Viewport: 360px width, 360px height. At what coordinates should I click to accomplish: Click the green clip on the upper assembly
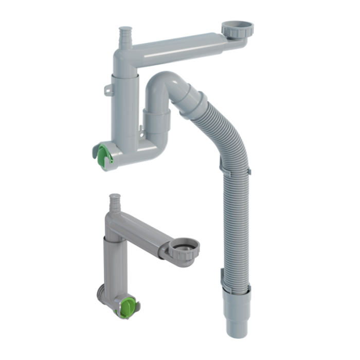coord(105,156)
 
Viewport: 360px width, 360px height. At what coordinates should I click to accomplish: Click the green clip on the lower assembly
coord(125,307)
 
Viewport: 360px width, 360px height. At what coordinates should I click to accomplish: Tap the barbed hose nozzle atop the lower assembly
coord(116,202)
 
